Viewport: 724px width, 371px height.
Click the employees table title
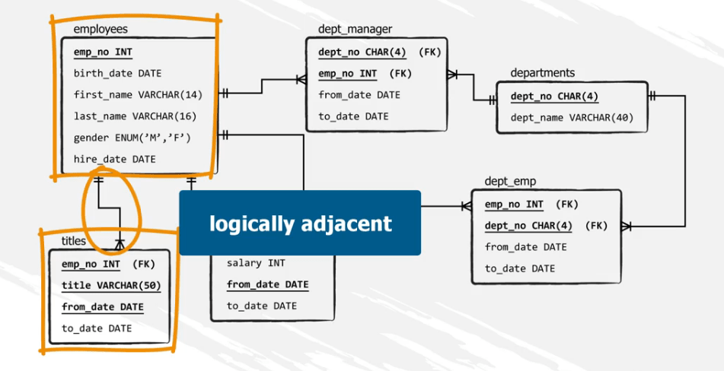coord(100,30)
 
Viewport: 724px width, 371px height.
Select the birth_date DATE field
coord(117,74)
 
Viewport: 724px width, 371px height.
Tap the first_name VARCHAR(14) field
coord(138,95)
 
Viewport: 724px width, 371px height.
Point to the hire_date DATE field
coord(114,159)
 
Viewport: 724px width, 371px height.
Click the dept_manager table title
coord(355,30)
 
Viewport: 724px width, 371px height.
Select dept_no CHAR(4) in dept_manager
coord(362,52)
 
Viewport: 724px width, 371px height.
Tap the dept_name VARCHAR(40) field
coord(572,118)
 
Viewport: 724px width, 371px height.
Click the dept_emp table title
coord(510,181)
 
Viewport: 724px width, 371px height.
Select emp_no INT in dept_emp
coord(514,205)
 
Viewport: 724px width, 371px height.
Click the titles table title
coord(74,241)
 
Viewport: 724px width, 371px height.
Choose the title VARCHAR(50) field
coord(111,286)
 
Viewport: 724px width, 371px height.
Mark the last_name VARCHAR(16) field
coord(135,116)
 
